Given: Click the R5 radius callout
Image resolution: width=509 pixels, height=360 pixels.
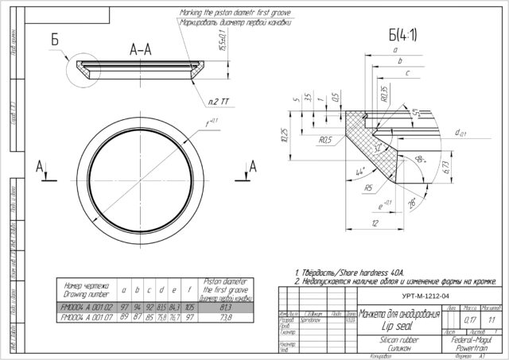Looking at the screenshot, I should (347, 189).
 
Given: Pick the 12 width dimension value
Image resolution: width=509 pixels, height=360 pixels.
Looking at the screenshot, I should (374, 224).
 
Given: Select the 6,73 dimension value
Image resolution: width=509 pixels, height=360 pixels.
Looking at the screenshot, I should (448, 165).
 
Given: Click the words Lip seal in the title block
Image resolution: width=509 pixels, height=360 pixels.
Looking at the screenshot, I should (377, 324).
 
